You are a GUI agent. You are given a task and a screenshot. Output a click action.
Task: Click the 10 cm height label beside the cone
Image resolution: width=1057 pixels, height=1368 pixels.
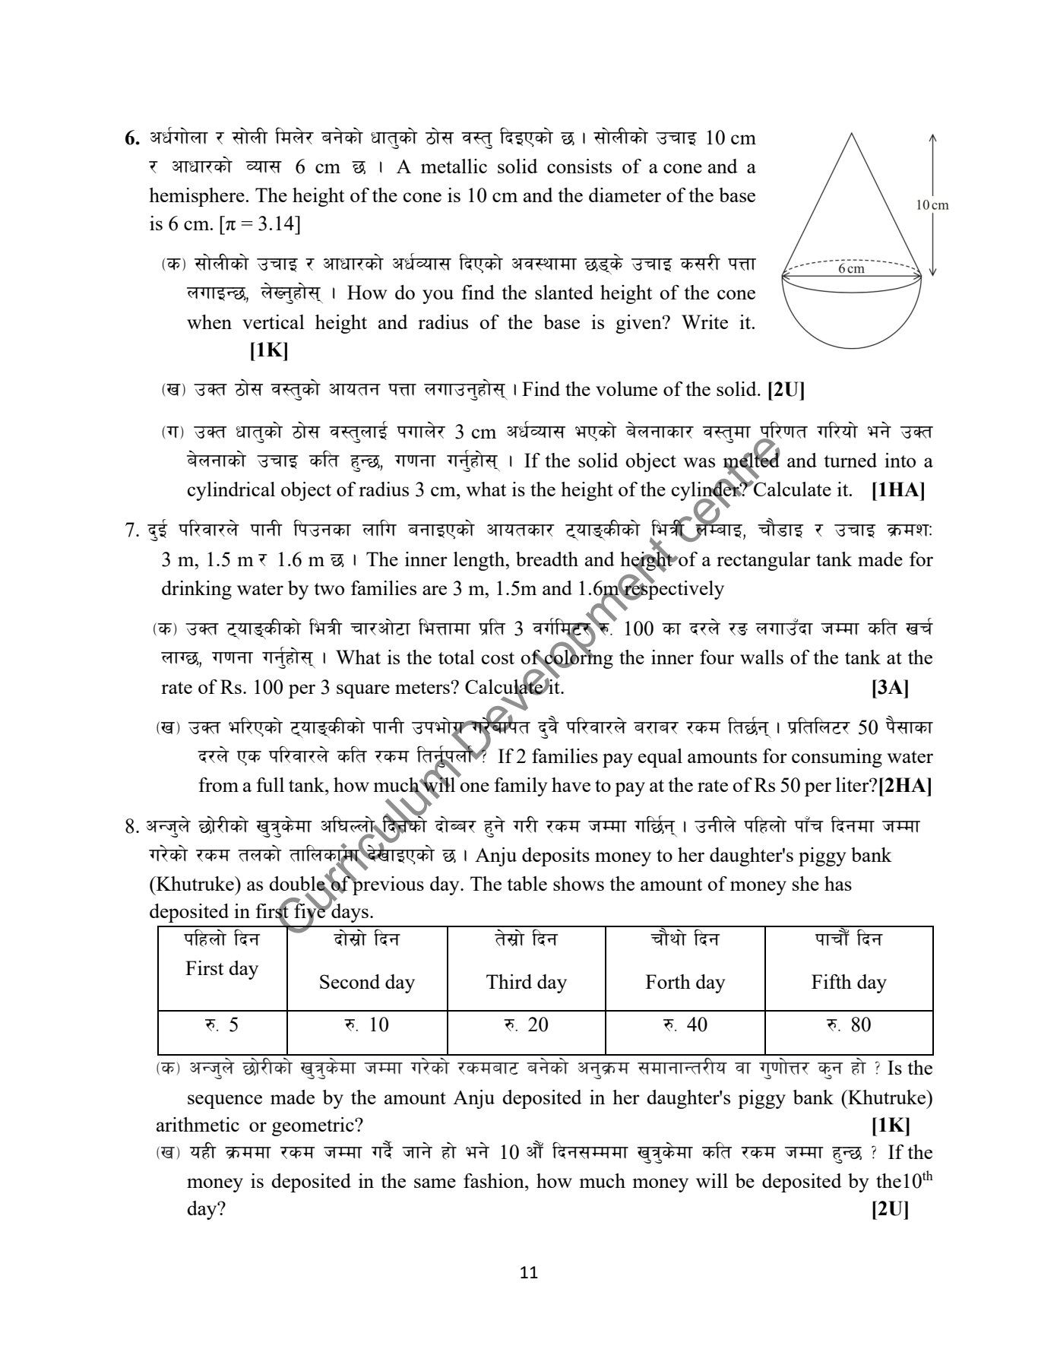coord(932,204)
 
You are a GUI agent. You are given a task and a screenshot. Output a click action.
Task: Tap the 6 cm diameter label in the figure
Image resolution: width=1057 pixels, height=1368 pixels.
coord(851,268)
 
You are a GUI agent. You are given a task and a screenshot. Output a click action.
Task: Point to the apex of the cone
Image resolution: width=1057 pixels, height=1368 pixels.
coord(851,134)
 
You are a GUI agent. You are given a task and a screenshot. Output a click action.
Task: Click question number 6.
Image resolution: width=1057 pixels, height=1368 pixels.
coord(132,139)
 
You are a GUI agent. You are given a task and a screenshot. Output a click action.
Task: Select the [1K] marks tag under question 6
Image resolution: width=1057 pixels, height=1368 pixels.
coord(268,350)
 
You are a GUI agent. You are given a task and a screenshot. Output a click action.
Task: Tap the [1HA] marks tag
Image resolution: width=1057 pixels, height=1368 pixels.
coord(898,490)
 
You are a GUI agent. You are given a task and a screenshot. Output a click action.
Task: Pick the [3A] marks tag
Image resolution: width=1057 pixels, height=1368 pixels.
coord(890,688)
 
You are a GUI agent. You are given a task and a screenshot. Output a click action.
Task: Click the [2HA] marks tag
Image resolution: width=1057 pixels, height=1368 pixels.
coord(906,785)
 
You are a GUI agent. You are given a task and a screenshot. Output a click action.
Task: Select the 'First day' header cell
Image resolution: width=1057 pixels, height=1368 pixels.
coord(222,968)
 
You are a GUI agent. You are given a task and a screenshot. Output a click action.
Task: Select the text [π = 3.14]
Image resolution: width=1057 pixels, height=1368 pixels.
coord(258,225)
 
